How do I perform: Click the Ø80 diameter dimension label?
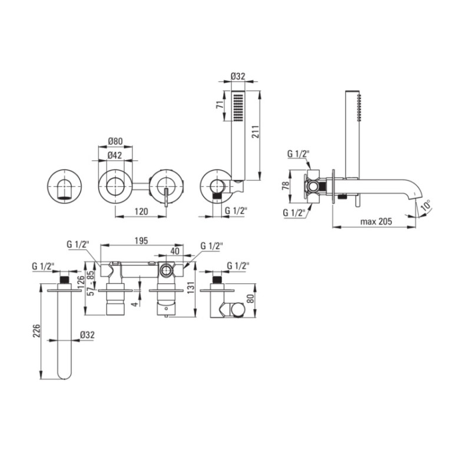point(115,141)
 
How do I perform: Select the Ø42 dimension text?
point(115,155)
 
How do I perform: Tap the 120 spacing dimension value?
point(141,211)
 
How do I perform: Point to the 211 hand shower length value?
point(255,131)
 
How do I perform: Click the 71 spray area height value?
point(220,105)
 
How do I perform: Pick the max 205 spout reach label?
point(376,222)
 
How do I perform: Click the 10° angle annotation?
point(426,205)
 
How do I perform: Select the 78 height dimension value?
point(286,185)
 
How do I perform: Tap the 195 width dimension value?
point(141,241)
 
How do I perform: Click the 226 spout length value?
point(37,330)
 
